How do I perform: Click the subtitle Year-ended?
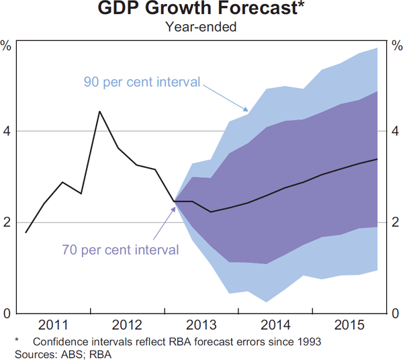201,28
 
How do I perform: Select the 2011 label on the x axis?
53,326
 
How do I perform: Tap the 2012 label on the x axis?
127,326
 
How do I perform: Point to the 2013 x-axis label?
201,326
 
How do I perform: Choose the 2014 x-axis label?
275,326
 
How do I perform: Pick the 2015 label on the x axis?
349,326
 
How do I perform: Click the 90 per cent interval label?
142,83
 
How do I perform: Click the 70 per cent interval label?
121,251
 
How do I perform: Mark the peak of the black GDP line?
99,111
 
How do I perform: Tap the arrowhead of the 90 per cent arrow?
248,110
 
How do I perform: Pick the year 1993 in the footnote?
308,341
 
